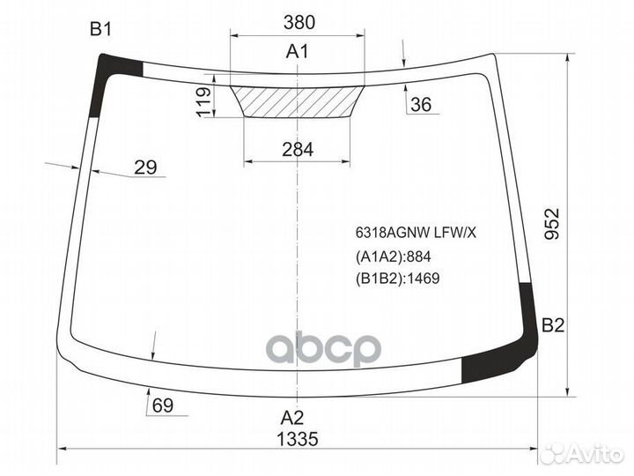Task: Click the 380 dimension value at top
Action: pos(299,22)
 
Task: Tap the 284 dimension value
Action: pos(298,150)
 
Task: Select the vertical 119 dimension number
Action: pos(204,101)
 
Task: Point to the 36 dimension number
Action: pos(421,104)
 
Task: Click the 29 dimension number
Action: pos(145,167)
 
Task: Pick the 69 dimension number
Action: pos(163,405)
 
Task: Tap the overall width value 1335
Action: pos(298,439)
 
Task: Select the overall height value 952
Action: pos(551,223)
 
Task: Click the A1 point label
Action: pos(298,51)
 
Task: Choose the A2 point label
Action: pos(292,417)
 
